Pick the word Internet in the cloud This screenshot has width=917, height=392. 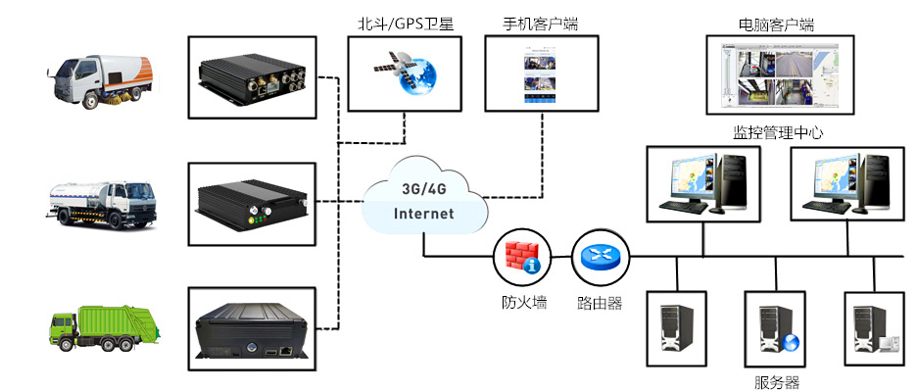pyautogui.click(x=423, y=213)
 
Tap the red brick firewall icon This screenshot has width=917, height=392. pyautogui.click(x=520, y=256)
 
